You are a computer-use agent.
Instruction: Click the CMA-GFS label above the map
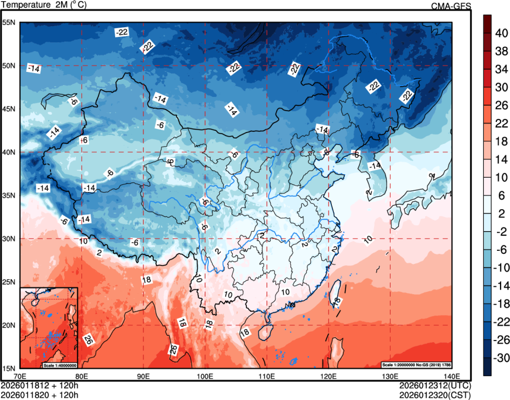point(451,6)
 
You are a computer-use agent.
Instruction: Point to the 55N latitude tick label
point(9,23)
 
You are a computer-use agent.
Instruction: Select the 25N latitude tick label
point(9,282)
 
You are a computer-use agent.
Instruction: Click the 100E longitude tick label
point(205,376)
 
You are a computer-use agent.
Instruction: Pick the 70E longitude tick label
point(20,376)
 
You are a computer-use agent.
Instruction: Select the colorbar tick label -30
point(501,358)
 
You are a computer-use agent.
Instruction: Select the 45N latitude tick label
point(9,109)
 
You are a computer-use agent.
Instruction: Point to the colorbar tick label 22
point(501,123)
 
